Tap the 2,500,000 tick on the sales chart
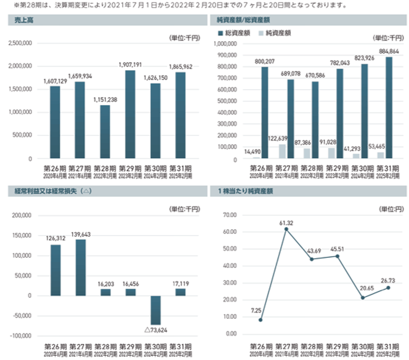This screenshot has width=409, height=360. point(20,43)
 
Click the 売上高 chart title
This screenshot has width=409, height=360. point(20,20)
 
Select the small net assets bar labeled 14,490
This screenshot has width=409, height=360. point(256,158)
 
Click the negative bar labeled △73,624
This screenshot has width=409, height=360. point(155,310)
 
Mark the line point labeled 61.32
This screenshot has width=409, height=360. point(286,229)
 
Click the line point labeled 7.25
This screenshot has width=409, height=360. point(261,320)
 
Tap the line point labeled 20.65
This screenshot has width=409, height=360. point(363,298)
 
